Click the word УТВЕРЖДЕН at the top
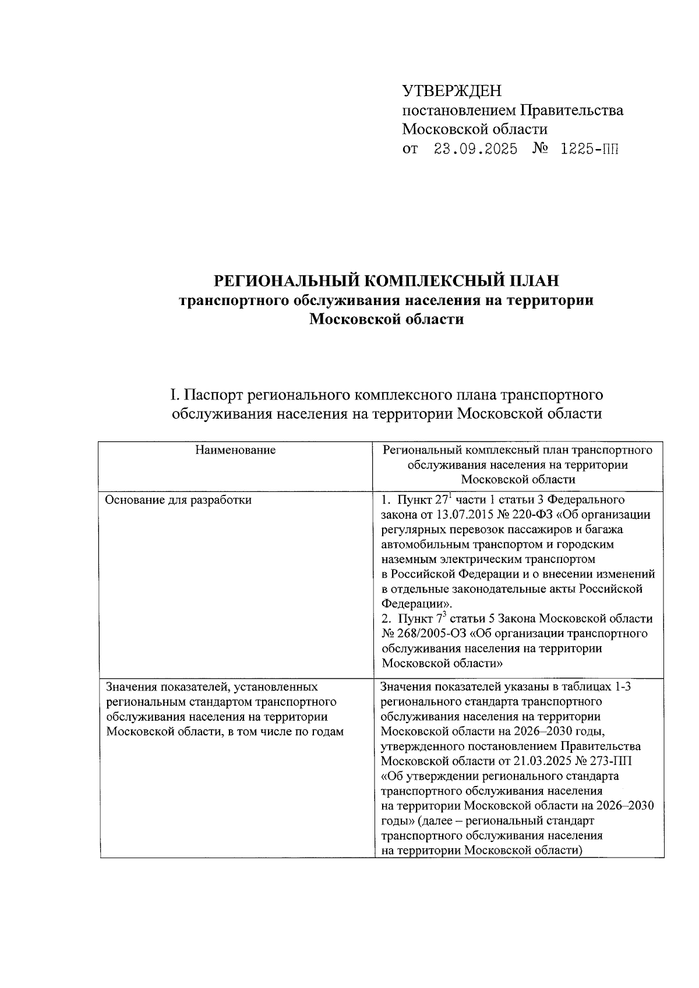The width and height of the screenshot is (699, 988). (451, 91)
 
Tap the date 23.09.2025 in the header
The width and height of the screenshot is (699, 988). (475, 149)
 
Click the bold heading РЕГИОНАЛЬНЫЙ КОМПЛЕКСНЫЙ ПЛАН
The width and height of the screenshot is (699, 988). (387, 281)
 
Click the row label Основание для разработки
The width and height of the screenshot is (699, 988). (178, 500)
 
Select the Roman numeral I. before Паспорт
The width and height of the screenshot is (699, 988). (173, 395)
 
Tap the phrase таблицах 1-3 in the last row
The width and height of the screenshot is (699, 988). (592, 687)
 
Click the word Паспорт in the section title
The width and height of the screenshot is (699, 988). (213, 395)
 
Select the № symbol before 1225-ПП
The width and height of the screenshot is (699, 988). (538, 149)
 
